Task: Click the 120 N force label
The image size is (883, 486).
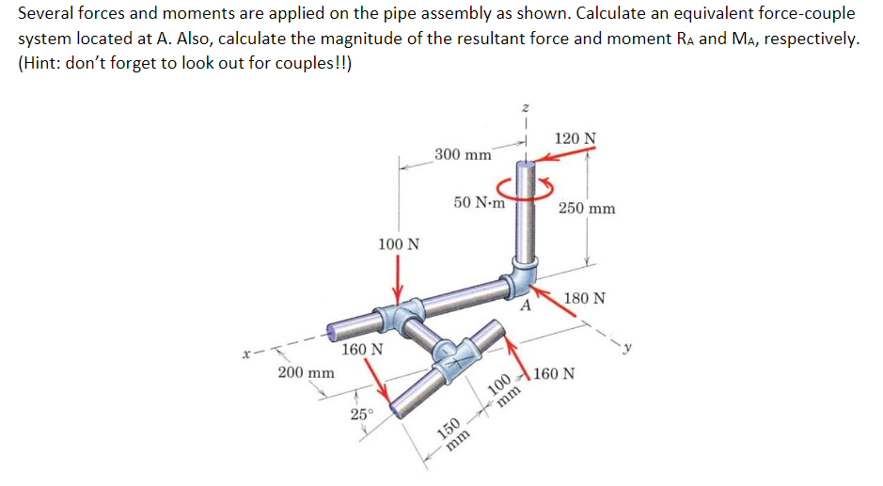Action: (575, 139)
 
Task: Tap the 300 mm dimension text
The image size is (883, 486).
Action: (463, 154)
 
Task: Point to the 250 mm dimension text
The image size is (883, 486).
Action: (587, 208)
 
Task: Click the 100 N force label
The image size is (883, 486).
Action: (399, 244)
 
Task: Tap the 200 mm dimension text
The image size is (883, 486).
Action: (307, 372)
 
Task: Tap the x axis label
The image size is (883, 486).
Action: (246, 355)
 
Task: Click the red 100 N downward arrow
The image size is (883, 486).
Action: (399, 277)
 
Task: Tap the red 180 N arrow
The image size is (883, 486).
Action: (564, 320)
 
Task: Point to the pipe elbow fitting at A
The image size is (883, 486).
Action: (521, 276)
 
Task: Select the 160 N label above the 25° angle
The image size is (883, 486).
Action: (362, 349)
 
